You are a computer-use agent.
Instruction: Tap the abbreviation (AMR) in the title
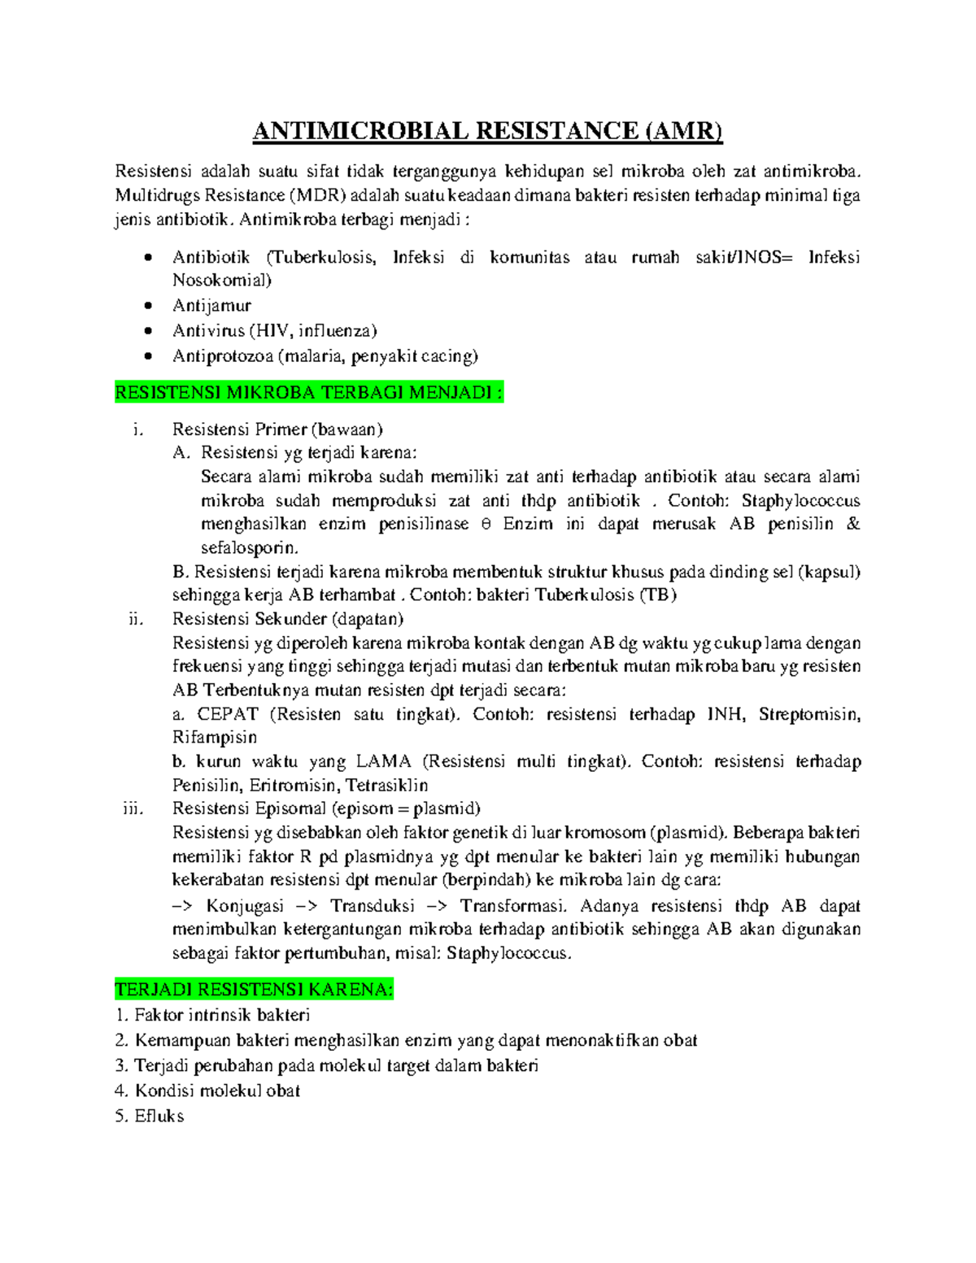point(682,131)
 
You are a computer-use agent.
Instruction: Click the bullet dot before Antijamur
point(148,306)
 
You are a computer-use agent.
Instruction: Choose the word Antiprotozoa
point(222,356)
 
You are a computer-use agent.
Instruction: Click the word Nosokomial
point(221,281)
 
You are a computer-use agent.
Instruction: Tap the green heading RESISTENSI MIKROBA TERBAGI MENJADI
point(309,394)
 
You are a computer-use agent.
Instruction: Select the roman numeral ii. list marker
point(136,619)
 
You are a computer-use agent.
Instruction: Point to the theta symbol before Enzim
point(486,525)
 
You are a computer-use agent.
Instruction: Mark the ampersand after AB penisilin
point(853,525)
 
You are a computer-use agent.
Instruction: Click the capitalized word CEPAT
point(228,715)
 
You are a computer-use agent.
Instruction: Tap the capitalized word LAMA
point(384,762)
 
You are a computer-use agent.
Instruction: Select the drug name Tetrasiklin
point(386,786)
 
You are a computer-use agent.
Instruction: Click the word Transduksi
point(373,906)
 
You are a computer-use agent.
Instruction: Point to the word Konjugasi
point(245,906)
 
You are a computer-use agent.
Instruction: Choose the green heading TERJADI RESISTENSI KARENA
point(254,990)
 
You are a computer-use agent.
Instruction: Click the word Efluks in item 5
point(159,1117)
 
